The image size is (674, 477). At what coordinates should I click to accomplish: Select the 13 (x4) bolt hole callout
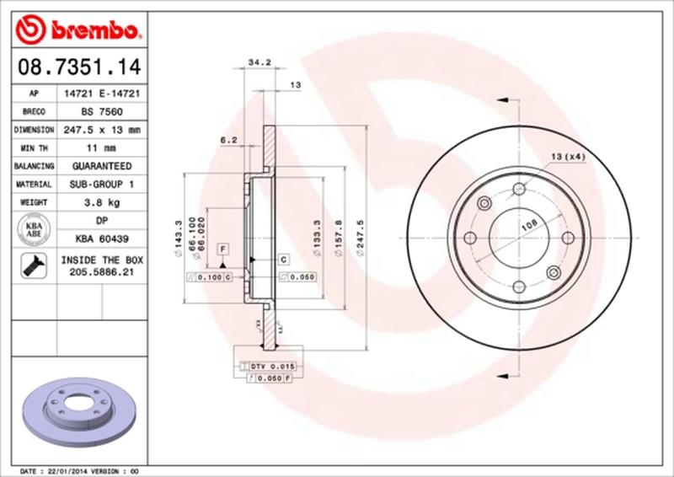(x=568, y=157)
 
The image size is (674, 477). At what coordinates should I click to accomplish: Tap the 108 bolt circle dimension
(x=528, y=224)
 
